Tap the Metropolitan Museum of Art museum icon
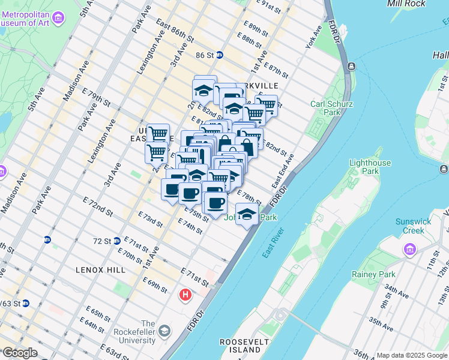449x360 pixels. click(58, 19)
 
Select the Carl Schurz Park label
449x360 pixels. click(331, 109)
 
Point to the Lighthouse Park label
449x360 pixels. click(370, 167)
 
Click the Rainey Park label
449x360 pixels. click(373, 274)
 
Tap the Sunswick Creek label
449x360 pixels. click(414, 226)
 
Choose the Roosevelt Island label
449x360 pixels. click(240, 346)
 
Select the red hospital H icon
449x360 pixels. click(185, 295)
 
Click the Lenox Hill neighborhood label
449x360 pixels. click(101, 270)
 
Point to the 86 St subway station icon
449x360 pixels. click(220, 55)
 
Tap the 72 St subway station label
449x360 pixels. click(103, 241)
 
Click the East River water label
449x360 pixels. click(275, 244)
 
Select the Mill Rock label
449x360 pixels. click(406, 4)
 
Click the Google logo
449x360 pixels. click(19, 353)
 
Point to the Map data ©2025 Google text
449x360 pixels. click(411, 355)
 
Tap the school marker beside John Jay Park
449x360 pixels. click(247, 214)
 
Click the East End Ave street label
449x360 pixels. click(282, 170)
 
